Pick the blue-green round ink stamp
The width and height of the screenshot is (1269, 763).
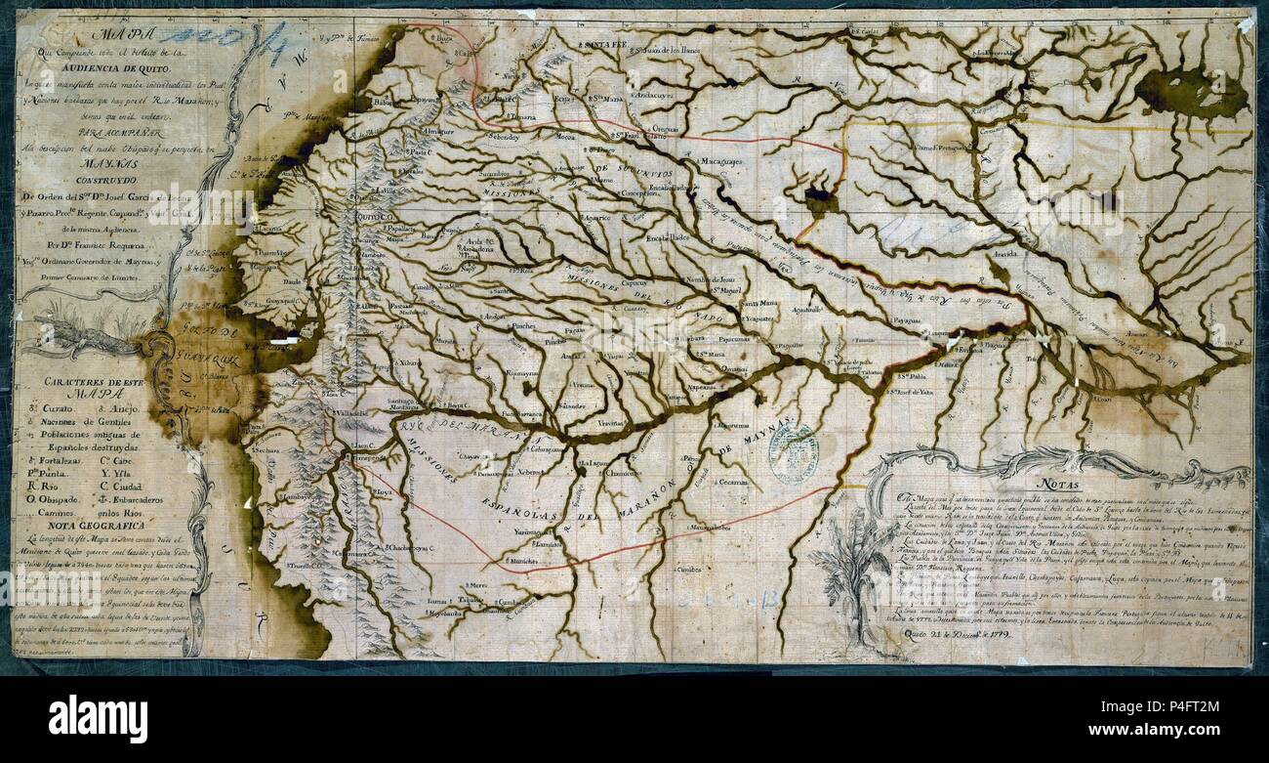(x=792, y=452)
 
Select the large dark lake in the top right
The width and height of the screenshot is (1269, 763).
(x=1192, y=93)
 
